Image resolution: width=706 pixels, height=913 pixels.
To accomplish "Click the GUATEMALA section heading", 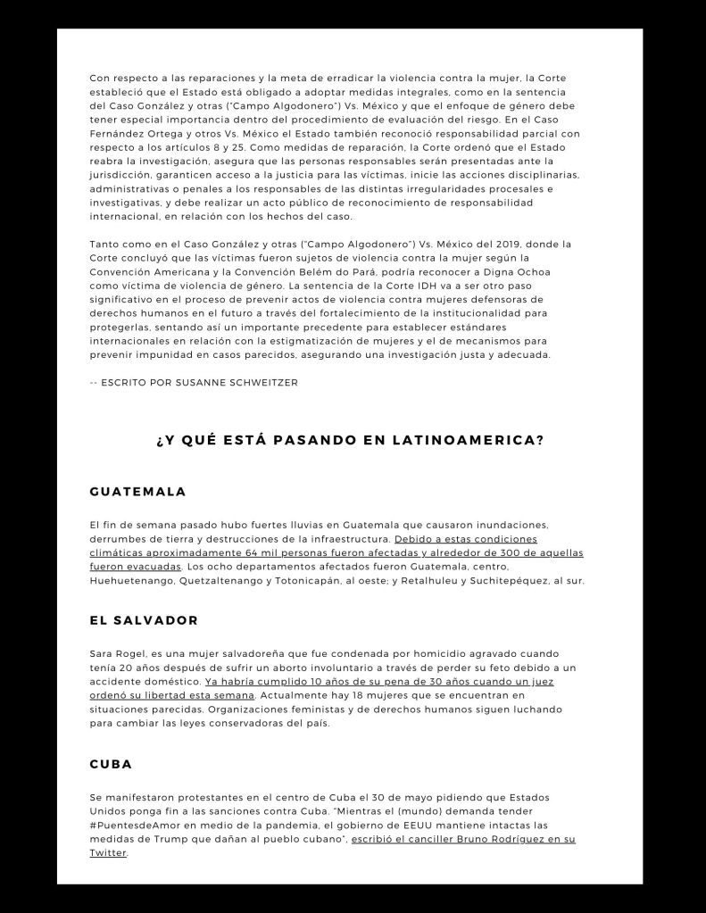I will [138, 492].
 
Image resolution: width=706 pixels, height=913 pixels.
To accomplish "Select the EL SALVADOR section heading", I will [144, 620].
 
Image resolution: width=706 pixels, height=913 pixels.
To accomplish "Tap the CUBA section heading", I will [112, 764].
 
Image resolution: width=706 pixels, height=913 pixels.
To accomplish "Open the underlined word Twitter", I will [109, 853].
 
